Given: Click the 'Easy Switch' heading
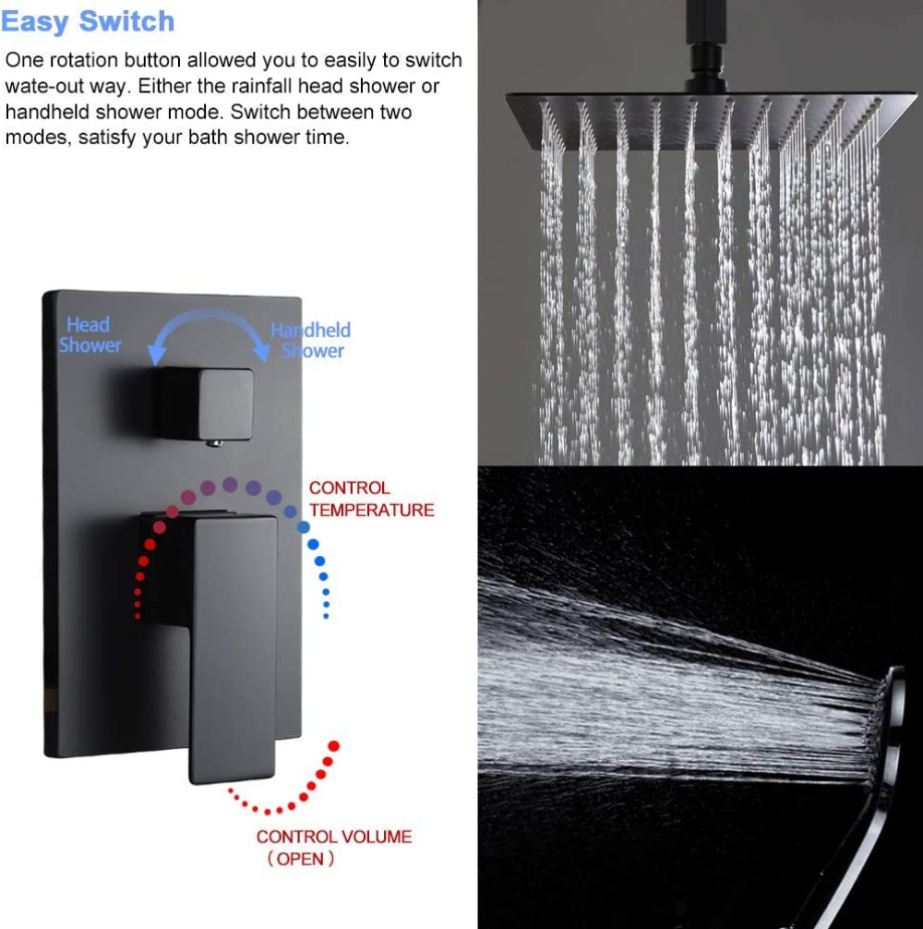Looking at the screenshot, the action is [88, 22].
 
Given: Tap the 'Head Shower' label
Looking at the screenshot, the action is [90, 334].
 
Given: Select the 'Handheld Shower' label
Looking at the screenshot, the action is [311, 340].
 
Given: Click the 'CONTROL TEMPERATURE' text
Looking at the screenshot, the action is [371, 499].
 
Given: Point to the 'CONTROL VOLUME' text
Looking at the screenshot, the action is [334, 837].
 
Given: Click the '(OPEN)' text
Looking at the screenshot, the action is [301, 859].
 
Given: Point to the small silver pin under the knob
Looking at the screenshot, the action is [214, 442].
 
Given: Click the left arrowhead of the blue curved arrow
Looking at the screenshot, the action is [156, 353].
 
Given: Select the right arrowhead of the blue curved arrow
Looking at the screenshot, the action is [261, 351].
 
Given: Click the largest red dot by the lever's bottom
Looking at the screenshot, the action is [334, 746].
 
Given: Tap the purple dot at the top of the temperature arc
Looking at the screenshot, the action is [231, 485].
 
